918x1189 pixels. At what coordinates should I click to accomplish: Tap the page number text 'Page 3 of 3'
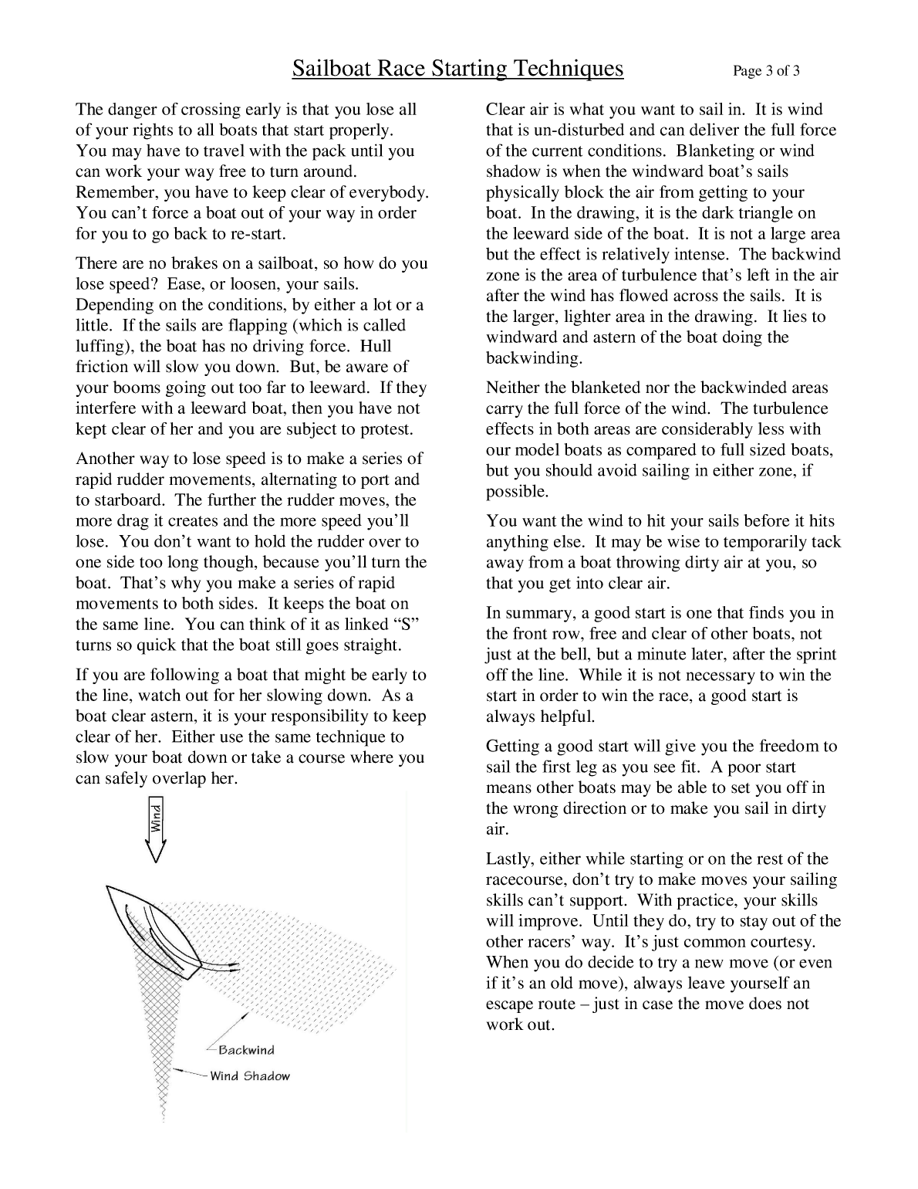point(766,72)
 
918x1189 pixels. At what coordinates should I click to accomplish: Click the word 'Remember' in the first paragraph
point(110,192)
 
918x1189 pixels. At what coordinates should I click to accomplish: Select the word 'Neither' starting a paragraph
point(511,388)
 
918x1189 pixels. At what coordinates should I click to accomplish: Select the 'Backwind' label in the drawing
point(246,1050)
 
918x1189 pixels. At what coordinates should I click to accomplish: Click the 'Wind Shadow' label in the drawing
point(250,1076)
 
